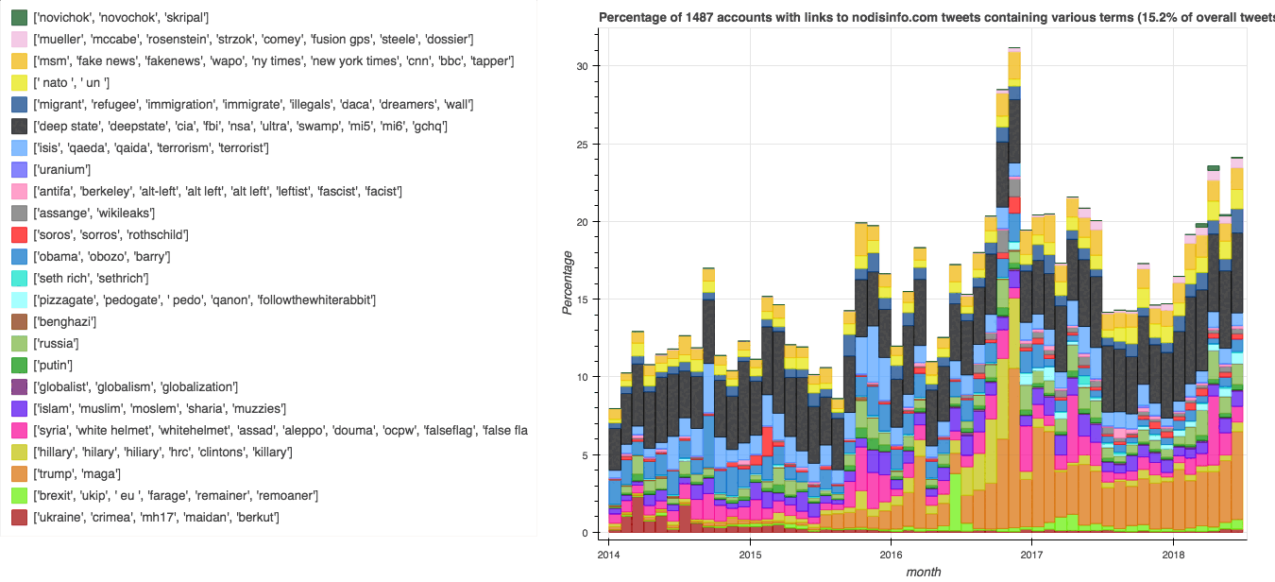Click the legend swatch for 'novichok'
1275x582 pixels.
(x=19, y=18)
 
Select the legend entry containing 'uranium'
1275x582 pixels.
(x=63, y=170)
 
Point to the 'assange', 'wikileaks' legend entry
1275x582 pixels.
(x=93, y=214)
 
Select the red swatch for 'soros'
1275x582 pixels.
(x=19, y=235)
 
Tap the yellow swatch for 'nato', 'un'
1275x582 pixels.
(x=19, y=83)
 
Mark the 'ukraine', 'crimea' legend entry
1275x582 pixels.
(x=156, y=518)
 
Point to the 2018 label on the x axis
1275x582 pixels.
(x=1172, y=555)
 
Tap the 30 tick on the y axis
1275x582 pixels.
(x=586, y=66)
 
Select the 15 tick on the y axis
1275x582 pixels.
(x=586, y=300)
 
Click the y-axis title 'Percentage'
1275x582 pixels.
(x=568, y=282)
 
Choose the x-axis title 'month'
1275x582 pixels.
(x=923, y=572)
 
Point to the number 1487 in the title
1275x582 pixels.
(x=709, y=17)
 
